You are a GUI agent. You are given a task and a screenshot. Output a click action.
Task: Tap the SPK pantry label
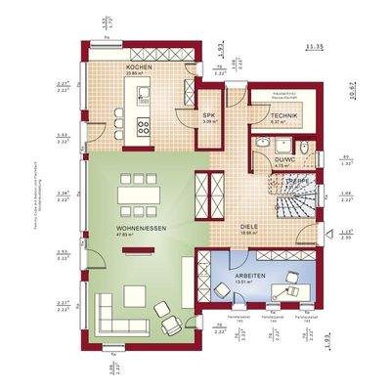208,115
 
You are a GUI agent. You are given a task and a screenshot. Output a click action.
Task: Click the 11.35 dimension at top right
315,46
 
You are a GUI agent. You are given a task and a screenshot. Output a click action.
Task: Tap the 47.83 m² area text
125,235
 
